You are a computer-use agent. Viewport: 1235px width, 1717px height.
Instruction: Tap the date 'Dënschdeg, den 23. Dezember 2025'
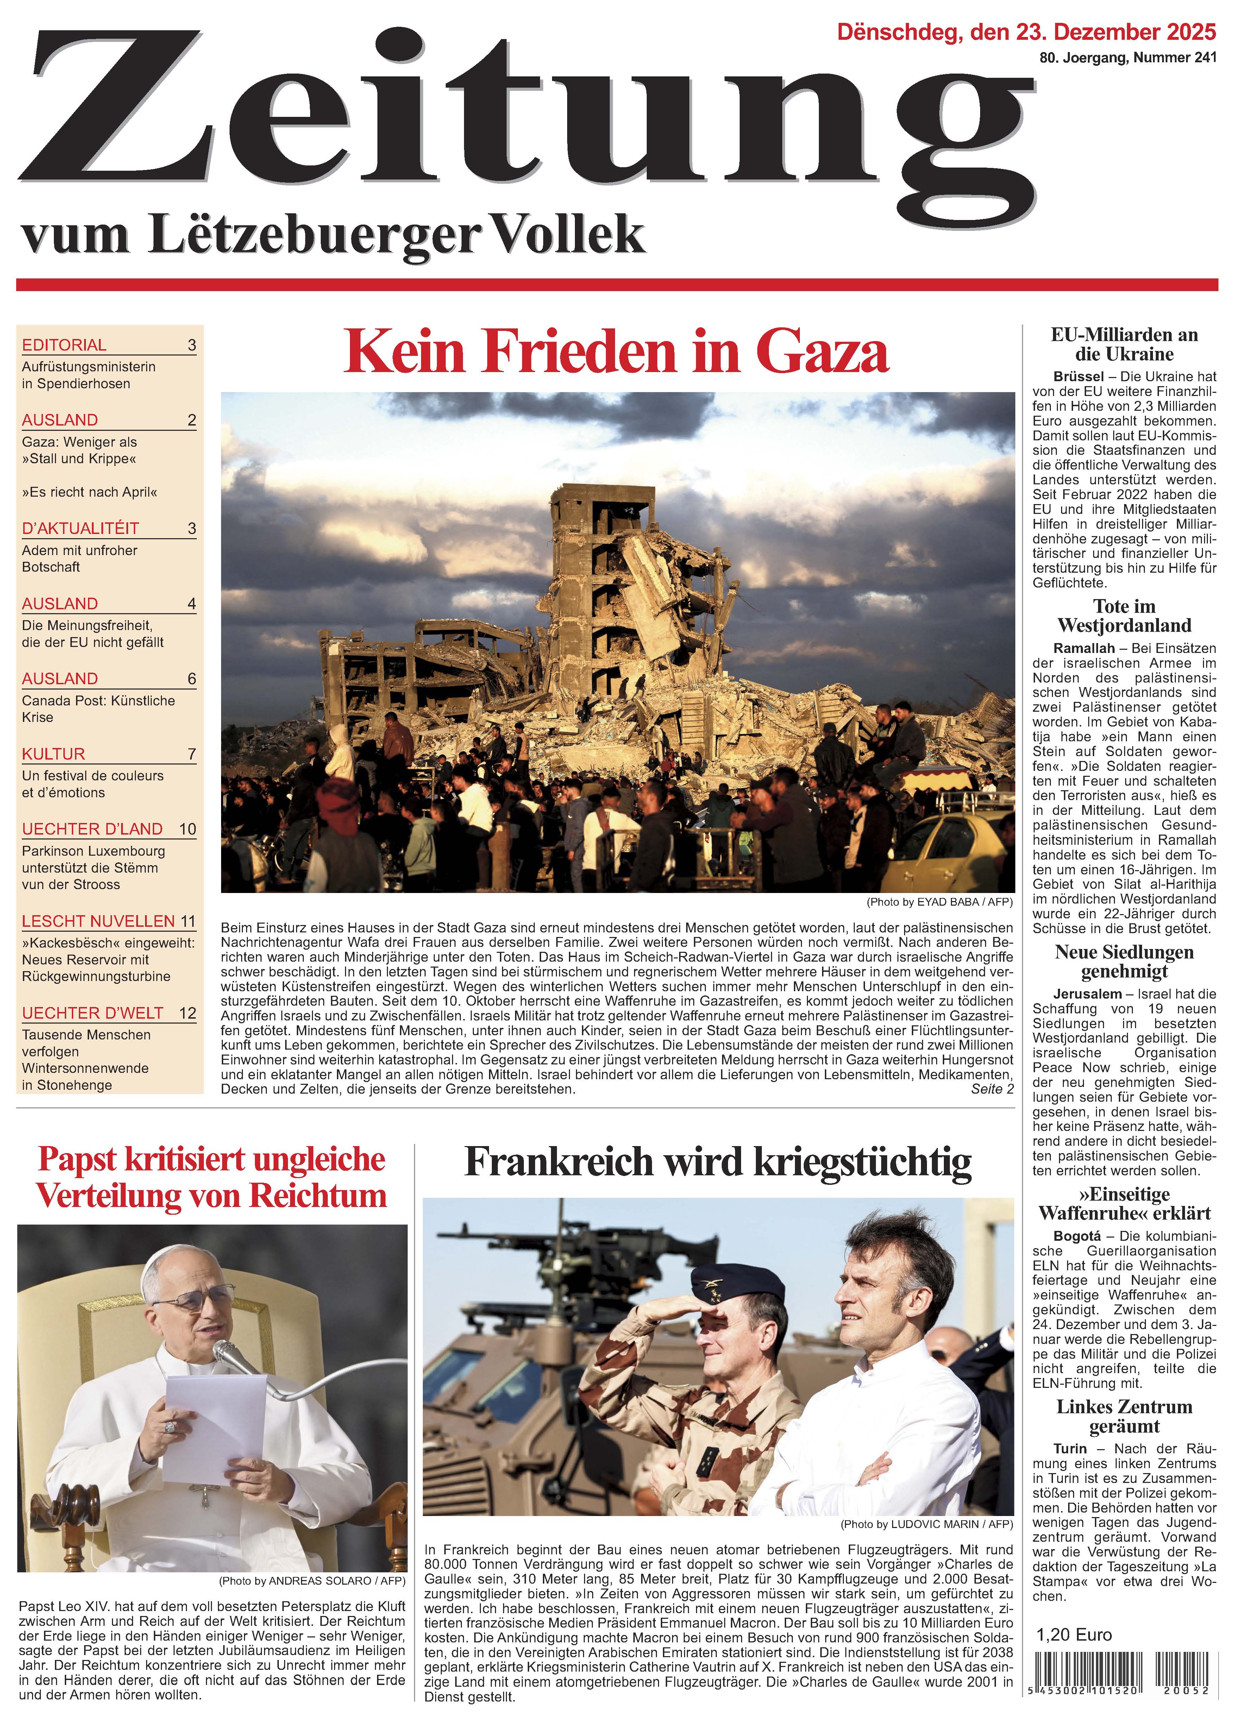click(1026, 32)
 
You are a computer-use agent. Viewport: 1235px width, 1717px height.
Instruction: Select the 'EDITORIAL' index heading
click(64, 345)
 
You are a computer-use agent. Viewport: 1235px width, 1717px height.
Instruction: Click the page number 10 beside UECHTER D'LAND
click(187, 829)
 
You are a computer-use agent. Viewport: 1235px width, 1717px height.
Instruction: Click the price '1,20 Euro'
click(1074, 1635)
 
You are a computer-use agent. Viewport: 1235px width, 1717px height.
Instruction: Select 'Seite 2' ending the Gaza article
click(992, 1089)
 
